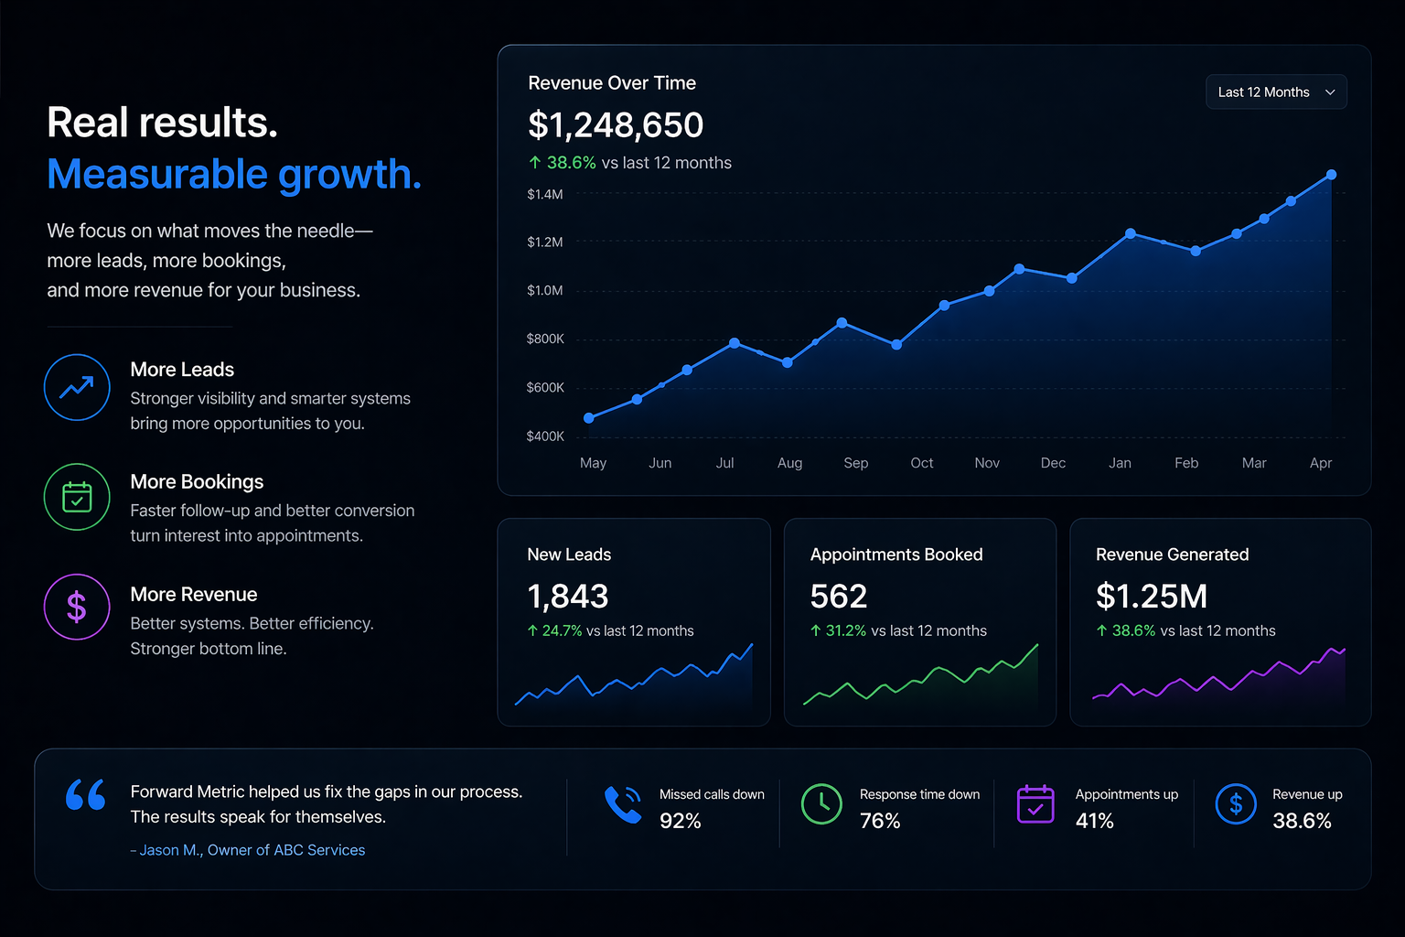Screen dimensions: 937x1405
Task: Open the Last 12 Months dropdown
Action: point(1275,92)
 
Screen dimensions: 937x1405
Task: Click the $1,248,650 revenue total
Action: point(616,125)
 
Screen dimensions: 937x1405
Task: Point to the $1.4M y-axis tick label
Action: point(545,194)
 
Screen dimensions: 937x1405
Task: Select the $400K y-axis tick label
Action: point(545,436)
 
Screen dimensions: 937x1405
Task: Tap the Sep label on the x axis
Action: point(855,463)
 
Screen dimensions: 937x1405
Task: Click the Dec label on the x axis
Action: point(1053,463)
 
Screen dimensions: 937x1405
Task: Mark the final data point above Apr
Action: point(1331,175)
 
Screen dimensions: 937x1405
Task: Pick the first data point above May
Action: point(589,418)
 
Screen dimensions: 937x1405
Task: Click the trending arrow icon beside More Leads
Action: point(77,387)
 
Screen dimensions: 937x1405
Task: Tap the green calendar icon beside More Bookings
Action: point(77,498)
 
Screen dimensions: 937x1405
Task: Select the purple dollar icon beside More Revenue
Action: point(77,607)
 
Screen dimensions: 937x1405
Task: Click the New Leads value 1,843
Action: point(568,597)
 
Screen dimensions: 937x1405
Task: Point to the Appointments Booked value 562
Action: point(838,597)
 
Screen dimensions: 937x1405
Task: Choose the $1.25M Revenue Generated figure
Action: point(1151,597)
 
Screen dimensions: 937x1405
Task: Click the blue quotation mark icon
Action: point(86,794)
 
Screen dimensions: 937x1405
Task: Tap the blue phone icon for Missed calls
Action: point(623,804)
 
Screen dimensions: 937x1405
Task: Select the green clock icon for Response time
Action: point(821,803)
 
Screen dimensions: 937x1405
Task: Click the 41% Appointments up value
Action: point(1094,821)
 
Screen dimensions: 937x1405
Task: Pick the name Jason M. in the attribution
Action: point(169,850)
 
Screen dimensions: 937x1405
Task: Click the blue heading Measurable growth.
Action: point(234,174)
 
